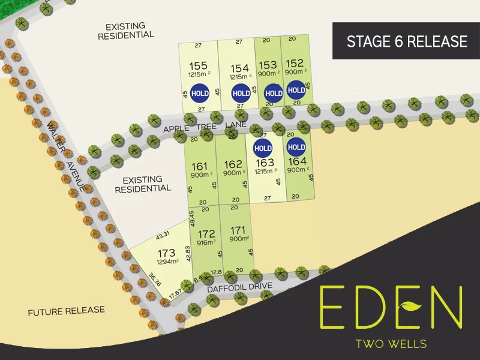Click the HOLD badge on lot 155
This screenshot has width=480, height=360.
pyautogui.click(x=200, y=94)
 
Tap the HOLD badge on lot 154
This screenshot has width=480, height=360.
pyautogui.click(x=241, y=94)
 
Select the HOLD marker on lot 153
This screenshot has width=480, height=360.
pyautogui.click(x=274, y=93)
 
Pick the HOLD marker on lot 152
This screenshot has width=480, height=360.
pyautogui.click(x=296, y=90)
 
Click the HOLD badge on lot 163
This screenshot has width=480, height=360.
pyautogui.click(x=263, y=148)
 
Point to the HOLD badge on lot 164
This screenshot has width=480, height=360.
pyautogui.click(x=296, y=148)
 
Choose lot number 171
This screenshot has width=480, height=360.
pyautogui.click(x=239, y=230)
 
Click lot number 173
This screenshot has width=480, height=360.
pyautogui.click(x=167, y=253)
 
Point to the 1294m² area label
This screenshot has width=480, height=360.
pyautogui.click(x=168, y=262)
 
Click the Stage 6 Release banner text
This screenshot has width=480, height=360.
pyautogui.click(x=406, y=41)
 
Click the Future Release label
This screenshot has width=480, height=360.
pyautogui.click(x=66, y=311)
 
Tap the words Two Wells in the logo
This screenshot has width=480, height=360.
pyautogui.click(x=391, y=344)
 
